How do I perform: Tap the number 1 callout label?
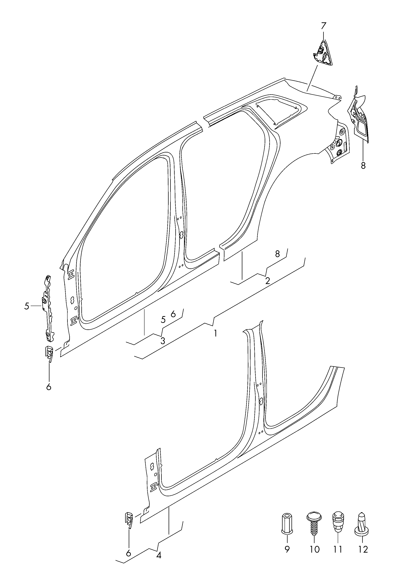point(215,333)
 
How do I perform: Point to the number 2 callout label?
point(267,281)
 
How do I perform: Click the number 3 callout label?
point(163,341)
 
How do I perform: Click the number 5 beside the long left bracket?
point(27,306)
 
